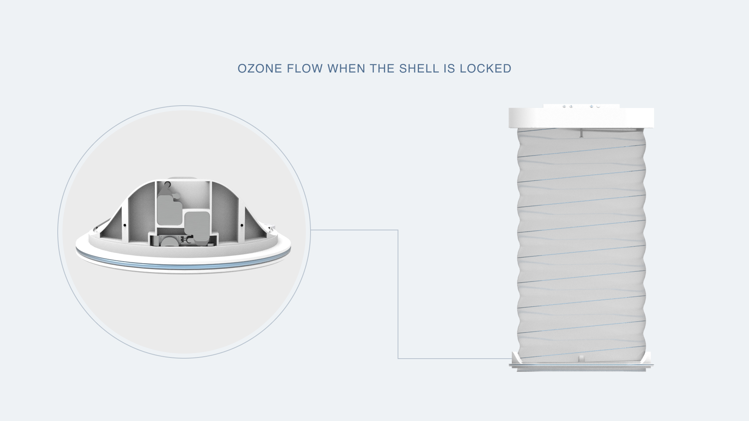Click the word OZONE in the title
(260, 69)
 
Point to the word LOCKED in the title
(485, 69)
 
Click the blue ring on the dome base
(183, 265)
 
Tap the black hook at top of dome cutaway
(167, 184)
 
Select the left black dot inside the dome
(124, 225)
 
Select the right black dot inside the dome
(242, 225)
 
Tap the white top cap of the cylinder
(581, 118)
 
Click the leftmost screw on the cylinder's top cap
(564, 106)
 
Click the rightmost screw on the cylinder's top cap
(598, 106)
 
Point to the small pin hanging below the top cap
(581, 133)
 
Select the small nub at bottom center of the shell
(581, 358)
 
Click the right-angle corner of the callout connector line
(398, 230)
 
